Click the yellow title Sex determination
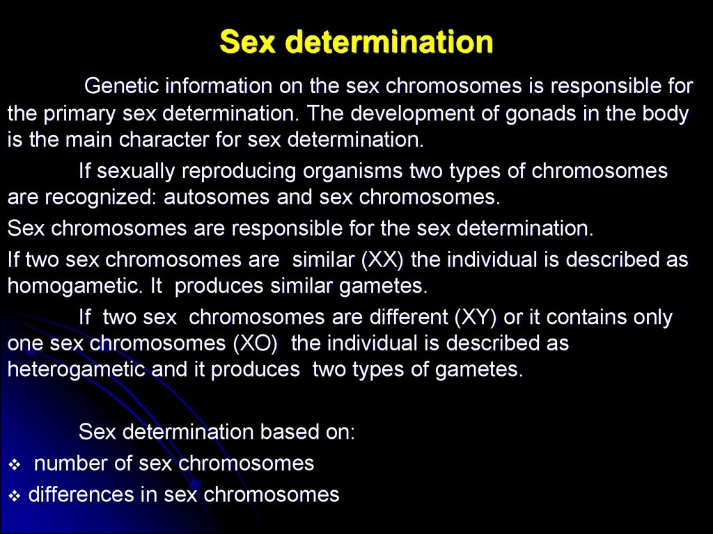[x=356, y=42]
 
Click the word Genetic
[x=121, y=86]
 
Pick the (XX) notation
[x=382, y=260]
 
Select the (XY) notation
[x=476, y=317]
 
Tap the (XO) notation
[x=256, y=343]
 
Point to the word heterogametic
[x=76, y=370]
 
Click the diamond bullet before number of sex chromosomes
[x=15, y=465]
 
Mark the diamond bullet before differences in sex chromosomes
[x=15, y=496]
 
